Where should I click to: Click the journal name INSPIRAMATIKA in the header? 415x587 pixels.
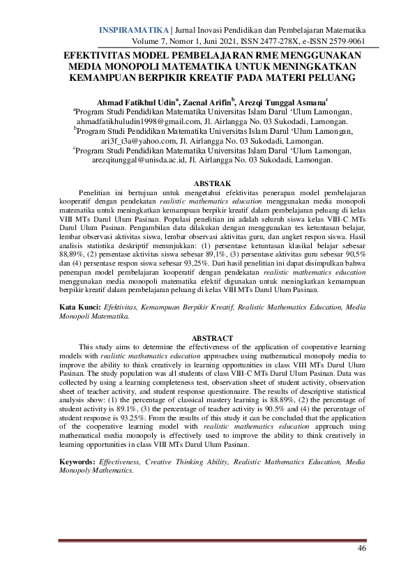(135, 31)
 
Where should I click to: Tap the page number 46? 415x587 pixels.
(361, 549)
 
